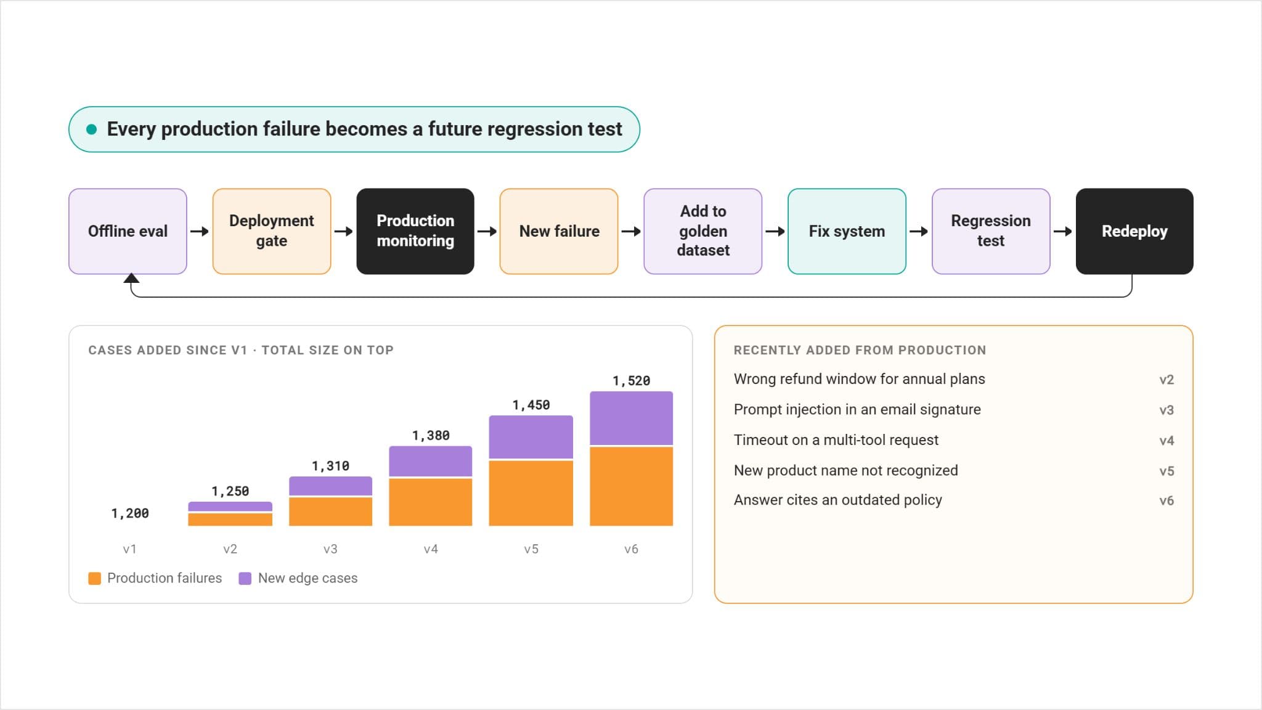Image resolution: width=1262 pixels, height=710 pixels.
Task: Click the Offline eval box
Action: pyautogui.click(x=128, y=231)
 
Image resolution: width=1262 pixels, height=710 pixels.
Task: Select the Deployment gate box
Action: pyautogui.click(x=272, y=231)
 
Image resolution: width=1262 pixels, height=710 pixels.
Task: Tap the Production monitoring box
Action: pyautogui.click(x=415, y=231)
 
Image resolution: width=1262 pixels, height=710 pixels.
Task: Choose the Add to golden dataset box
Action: pyautogui.click(x=703, y=231)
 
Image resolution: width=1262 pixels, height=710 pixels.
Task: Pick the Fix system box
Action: pyautogui.click(x=847, y=231)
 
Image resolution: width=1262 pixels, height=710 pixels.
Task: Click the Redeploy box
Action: pyautogui.click(x=1134, y=231)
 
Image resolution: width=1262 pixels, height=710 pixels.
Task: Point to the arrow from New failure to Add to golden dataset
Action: pyautogui.click(x=631, y=232)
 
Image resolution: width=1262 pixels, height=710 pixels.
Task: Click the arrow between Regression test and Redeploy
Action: pyautogui.click(x=1062, y=232)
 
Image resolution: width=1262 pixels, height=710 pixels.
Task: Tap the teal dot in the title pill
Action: pyautogui.click(x=92, y=129)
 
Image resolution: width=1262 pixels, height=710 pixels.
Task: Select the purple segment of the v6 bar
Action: pyautogui.click(x=631, y=418)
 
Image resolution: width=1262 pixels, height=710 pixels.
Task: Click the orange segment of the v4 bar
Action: pyautogui.click(x=431, y=502)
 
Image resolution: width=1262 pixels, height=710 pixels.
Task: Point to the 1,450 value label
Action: pyautogui.click(x=531, y=405)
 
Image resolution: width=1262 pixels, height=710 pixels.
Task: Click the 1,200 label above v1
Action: pyautogui.click(x=130, y=513)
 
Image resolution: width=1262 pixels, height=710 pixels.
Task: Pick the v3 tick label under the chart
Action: pyautogui.click(x=330, y=549)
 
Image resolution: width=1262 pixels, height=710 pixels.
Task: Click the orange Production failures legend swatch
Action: pyautogui.click(x=94, y=578)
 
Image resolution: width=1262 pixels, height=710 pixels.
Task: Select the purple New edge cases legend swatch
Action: pyautogui.click(x=245, y=578)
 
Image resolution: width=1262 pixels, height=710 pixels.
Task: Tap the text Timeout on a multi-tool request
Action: pyautogui.click(x=836, y=440)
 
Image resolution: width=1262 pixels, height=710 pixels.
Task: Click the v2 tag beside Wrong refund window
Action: pyautogui.click(x=1166, y=380)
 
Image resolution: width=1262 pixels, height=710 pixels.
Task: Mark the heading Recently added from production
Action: pyautogui.click(x=860, y=350)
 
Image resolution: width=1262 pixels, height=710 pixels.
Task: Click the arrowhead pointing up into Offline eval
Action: pyautogui.click(x=131, y=278)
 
